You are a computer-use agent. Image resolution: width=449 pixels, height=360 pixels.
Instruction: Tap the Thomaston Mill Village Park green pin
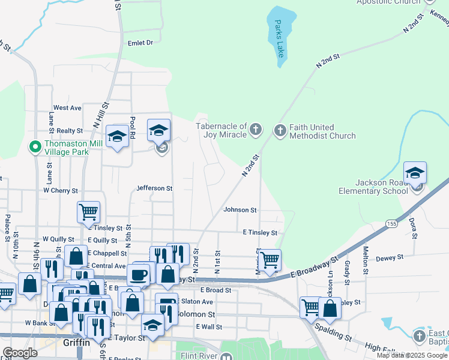point(35,145)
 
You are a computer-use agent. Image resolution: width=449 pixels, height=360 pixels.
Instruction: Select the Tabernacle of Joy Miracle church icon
point(256,129)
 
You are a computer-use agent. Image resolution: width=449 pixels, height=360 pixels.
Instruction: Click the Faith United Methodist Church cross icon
point(280,130)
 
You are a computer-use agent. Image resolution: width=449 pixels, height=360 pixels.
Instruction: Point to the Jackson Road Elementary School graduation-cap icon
point(415,172)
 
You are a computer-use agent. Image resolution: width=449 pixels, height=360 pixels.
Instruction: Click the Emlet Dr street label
point(140,43)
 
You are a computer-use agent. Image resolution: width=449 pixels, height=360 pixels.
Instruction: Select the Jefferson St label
point(154,188)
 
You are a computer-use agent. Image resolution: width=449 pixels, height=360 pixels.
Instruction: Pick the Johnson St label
point(240,210)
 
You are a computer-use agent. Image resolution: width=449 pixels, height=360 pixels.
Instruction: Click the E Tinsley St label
point(260,232)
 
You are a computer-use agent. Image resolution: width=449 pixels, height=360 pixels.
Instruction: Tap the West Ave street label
point(67,108)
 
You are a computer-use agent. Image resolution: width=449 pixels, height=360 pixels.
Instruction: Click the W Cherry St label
point(60,191)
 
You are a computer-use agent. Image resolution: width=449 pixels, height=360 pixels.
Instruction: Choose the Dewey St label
point(389,258)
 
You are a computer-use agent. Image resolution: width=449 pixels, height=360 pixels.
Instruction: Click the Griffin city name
point(77,343)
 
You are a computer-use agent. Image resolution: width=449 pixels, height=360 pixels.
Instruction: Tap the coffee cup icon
point(138,275)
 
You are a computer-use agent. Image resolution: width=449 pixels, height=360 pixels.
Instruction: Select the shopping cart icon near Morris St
point(270,260)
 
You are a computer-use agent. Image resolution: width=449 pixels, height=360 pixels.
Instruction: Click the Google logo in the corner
point(20,353)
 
